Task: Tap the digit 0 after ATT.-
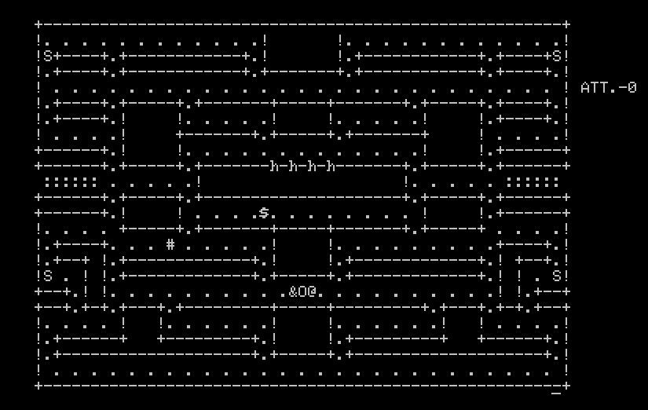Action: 632,87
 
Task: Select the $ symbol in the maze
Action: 265,212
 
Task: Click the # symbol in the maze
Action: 170,244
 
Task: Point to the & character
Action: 293,291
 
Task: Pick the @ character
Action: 312,291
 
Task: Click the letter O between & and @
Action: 302,291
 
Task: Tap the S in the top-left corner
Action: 48,56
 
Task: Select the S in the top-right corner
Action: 557,56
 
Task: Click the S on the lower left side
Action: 48,276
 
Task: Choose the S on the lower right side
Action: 557,276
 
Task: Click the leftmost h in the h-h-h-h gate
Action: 274,166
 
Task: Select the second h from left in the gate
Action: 293,166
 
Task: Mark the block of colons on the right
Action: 533,181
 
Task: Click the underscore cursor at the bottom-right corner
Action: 557,390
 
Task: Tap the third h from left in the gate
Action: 312,166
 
